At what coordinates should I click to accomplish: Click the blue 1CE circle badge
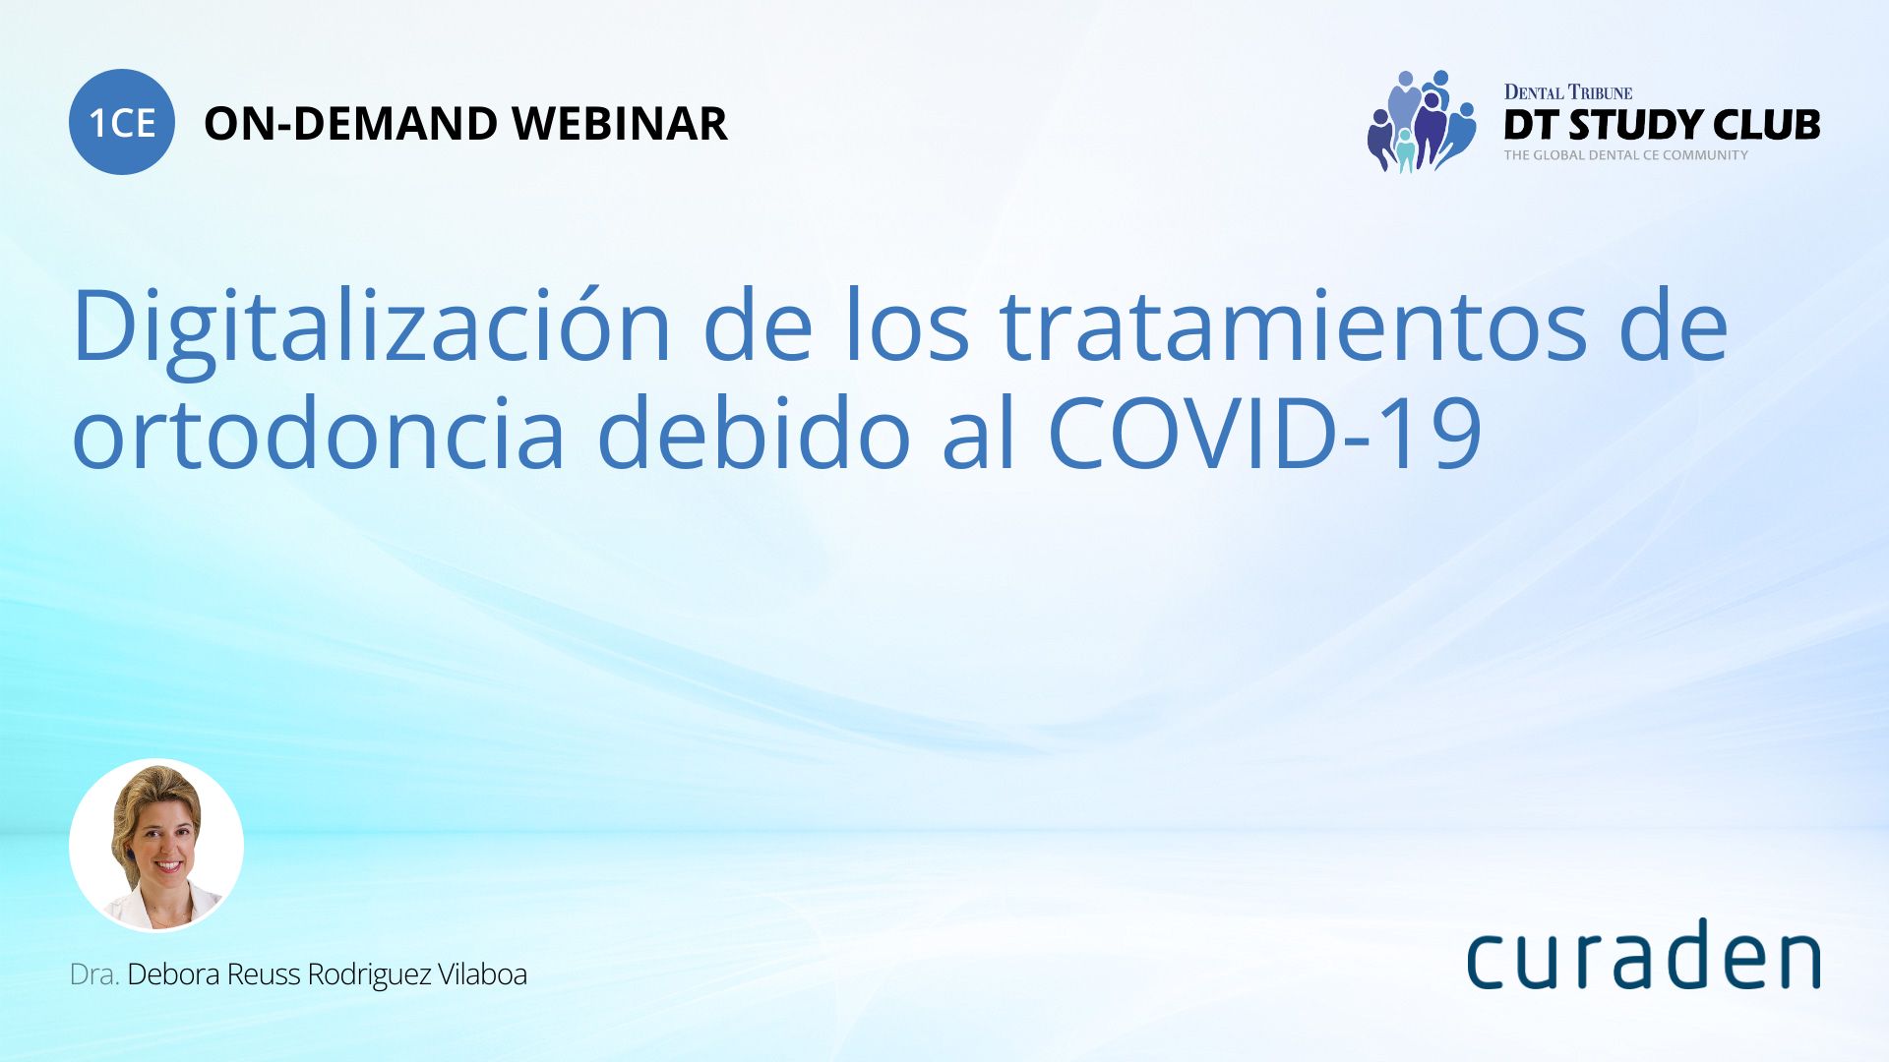coord(122,122)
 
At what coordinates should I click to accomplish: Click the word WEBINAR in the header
coord(620,124)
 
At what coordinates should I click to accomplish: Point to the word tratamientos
coord(1294,325)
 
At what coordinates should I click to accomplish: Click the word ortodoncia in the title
coord(319,433)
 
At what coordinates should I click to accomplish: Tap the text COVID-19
coord(1265,433)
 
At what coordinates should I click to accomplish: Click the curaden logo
coord(1643,953)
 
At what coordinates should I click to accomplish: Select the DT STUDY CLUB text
coord(1662,125)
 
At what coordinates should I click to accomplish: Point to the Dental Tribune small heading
coord(1568,92)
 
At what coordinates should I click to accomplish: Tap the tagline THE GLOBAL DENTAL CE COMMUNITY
coord(1625,155)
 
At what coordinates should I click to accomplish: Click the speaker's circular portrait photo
coord(156,846)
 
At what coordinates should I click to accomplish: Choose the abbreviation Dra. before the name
coord(94,974)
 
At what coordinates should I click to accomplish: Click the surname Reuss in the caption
coord(264,974)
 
